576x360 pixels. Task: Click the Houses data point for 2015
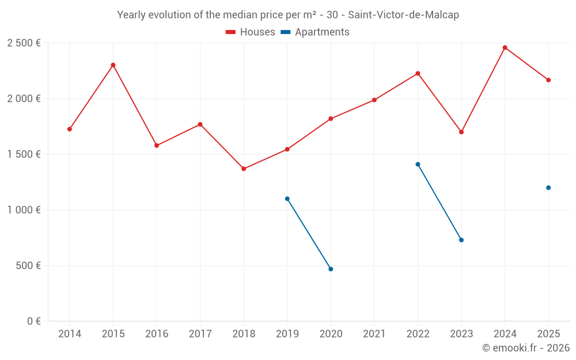click(x=113, y=65)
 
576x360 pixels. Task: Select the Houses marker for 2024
click(x=505, y=48)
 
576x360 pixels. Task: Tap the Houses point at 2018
click(x=244, y=169)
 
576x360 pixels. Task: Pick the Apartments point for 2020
click(x=331, y=269)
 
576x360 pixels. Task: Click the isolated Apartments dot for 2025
click(x=548, y=188)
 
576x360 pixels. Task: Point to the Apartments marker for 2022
click(x=418, y=164)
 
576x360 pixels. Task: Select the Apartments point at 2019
click(x=287, y=199)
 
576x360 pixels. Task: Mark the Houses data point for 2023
click(x=461, y=132)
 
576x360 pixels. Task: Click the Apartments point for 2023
click(x=461, y=240)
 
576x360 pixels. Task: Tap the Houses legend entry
click(x=251, y=32)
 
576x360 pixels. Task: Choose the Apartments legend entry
click(x=315, y=32)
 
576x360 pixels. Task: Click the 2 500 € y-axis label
click(x=24, y=43)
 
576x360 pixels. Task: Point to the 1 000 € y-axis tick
click(x=24, y=210)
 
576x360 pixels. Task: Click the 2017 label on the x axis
click(x=200, y=334)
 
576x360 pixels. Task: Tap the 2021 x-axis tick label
click(x=374, y=334)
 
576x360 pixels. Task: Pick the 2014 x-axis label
click(x=70, y=334)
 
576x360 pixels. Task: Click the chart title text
click(x=288, y=15)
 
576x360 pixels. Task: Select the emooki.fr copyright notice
click(x=525, y=348)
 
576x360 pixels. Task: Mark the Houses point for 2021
click(x=374, y=100)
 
